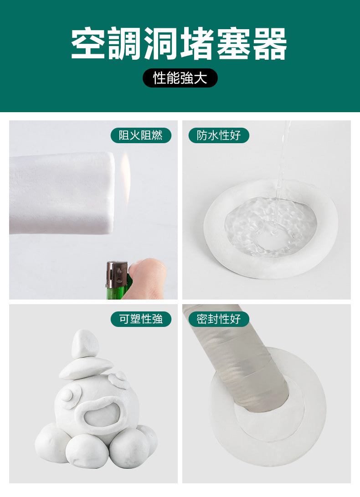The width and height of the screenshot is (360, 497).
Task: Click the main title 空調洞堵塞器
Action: click(x=180, y=44)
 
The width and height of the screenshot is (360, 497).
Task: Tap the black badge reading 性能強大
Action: click(x=180, y=78)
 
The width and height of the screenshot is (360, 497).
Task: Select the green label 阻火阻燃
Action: click(x=141, y=135)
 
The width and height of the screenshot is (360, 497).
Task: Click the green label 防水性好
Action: click(x=219, y=135)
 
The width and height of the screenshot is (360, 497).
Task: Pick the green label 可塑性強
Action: click(x=141, y=319)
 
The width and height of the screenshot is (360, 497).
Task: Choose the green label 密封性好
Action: click(x=219, y=319)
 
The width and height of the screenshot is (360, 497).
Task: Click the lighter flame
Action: click(x=125, y=173)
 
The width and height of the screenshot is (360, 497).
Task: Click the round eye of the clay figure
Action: click(x=67, y=395)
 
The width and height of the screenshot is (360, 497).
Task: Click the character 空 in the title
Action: click(x=89, y=44)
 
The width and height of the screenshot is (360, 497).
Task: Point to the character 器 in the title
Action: click(x=270, y=44)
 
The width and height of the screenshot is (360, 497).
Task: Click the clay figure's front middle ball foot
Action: click(x=87, y=450)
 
